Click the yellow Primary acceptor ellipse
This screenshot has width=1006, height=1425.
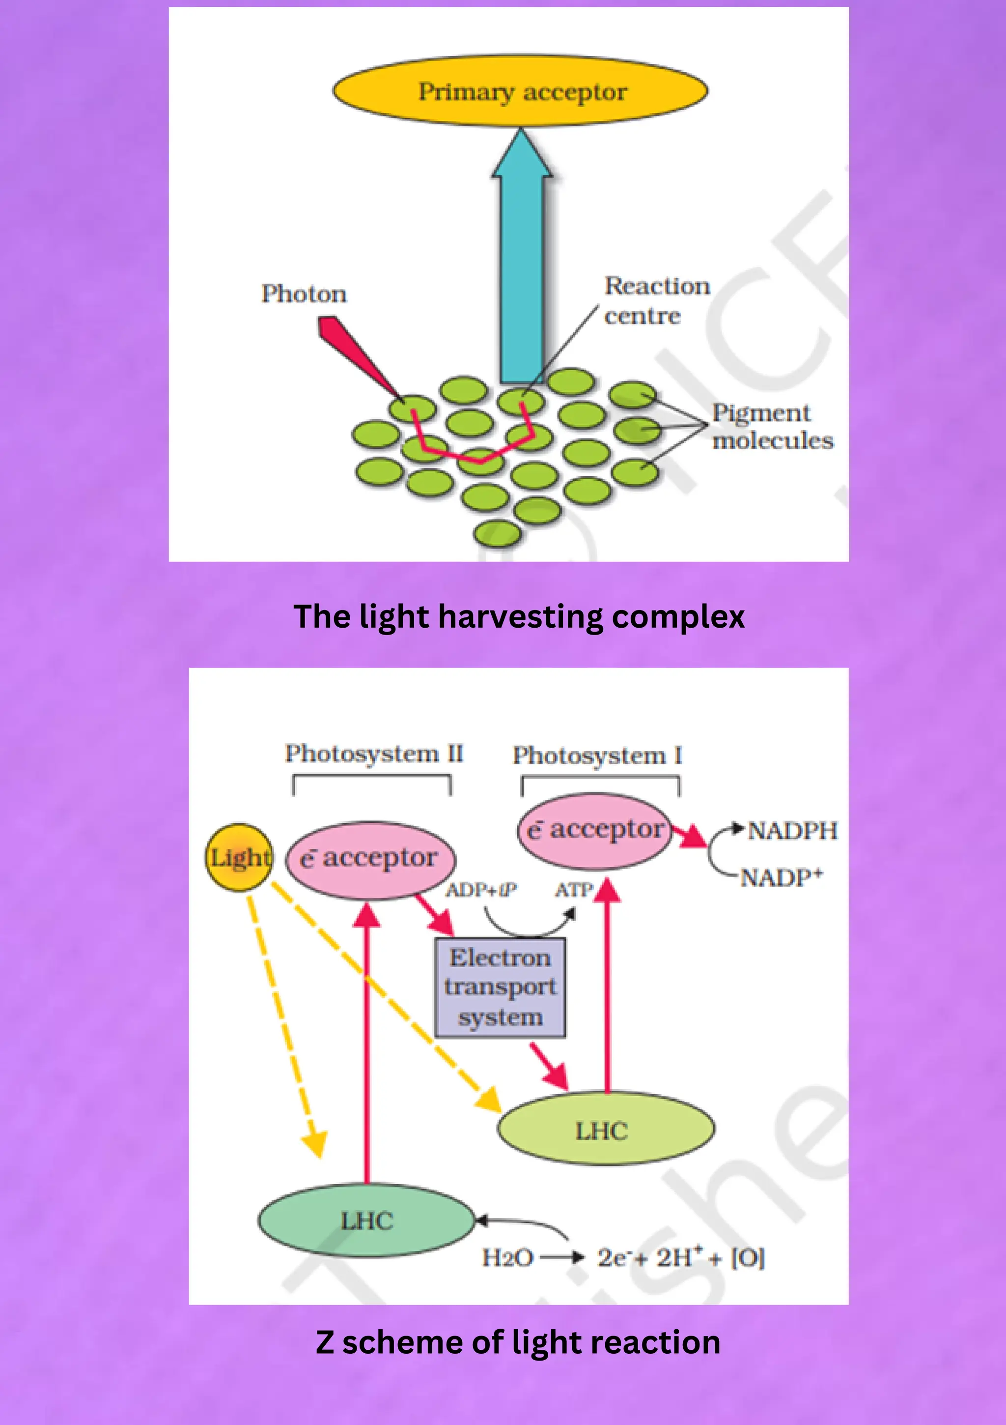(520, 91)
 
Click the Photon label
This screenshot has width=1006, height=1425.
(304, 294)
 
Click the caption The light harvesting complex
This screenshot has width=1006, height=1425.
(519, 617)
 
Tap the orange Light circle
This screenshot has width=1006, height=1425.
(239, 858)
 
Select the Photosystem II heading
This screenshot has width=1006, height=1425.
(373, 754)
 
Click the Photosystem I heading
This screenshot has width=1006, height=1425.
(597, 756)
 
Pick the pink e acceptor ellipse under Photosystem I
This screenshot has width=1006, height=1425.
(595, 830)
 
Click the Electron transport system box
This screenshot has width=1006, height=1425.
(500, 988)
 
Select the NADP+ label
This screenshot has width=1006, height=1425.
(782, 877)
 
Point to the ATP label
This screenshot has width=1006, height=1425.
(573, 890)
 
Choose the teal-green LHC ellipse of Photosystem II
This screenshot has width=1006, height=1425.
(366, 1221)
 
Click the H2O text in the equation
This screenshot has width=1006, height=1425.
(507, 1258)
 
